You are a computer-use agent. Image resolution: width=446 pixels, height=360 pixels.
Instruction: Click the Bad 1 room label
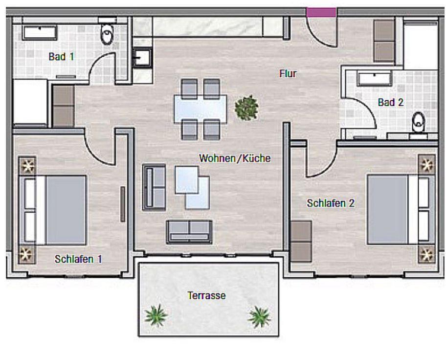(x=61, y=57)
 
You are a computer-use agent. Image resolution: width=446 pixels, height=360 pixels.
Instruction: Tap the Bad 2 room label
(x=391, y=102)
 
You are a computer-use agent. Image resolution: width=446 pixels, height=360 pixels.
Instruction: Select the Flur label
(x=288, y=74)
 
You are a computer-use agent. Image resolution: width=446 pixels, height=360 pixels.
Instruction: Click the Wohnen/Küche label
(x=235, y=158)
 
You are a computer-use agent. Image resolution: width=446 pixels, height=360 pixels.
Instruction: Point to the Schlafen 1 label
(x=78, y=259)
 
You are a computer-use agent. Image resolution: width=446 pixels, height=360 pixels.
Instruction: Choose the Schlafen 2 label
(x=331, y=203)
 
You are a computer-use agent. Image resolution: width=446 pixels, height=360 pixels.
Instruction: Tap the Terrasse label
(x=206, y=295)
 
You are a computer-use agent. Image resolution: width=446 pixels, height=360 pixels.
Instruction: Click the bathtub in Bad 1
(x=40, y=32)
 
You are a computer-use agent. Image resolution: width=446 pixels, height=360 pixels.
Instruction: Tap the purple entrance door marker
(x=321, y=12)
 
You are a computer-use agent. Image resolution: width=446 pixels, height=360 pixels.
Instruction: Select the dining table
(x=201, y=109)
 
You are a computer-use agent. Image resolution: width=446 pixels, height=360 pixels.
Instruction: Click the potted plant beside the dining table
(x=246, y=108)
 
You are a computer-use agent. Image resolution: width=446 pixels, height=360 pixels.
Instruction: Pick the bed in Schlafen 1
(x=52, y=210)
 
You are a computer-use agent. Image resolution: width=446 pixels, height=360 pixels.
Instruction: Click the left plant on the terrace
(x=156, y=315)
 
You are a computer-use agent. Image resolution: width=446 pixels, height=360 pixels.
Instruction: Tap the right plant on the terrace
(x=259, y=317)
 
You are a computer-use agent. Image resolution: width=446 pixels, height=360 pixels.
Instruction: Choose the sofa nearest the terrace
(x=189, y=232)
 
